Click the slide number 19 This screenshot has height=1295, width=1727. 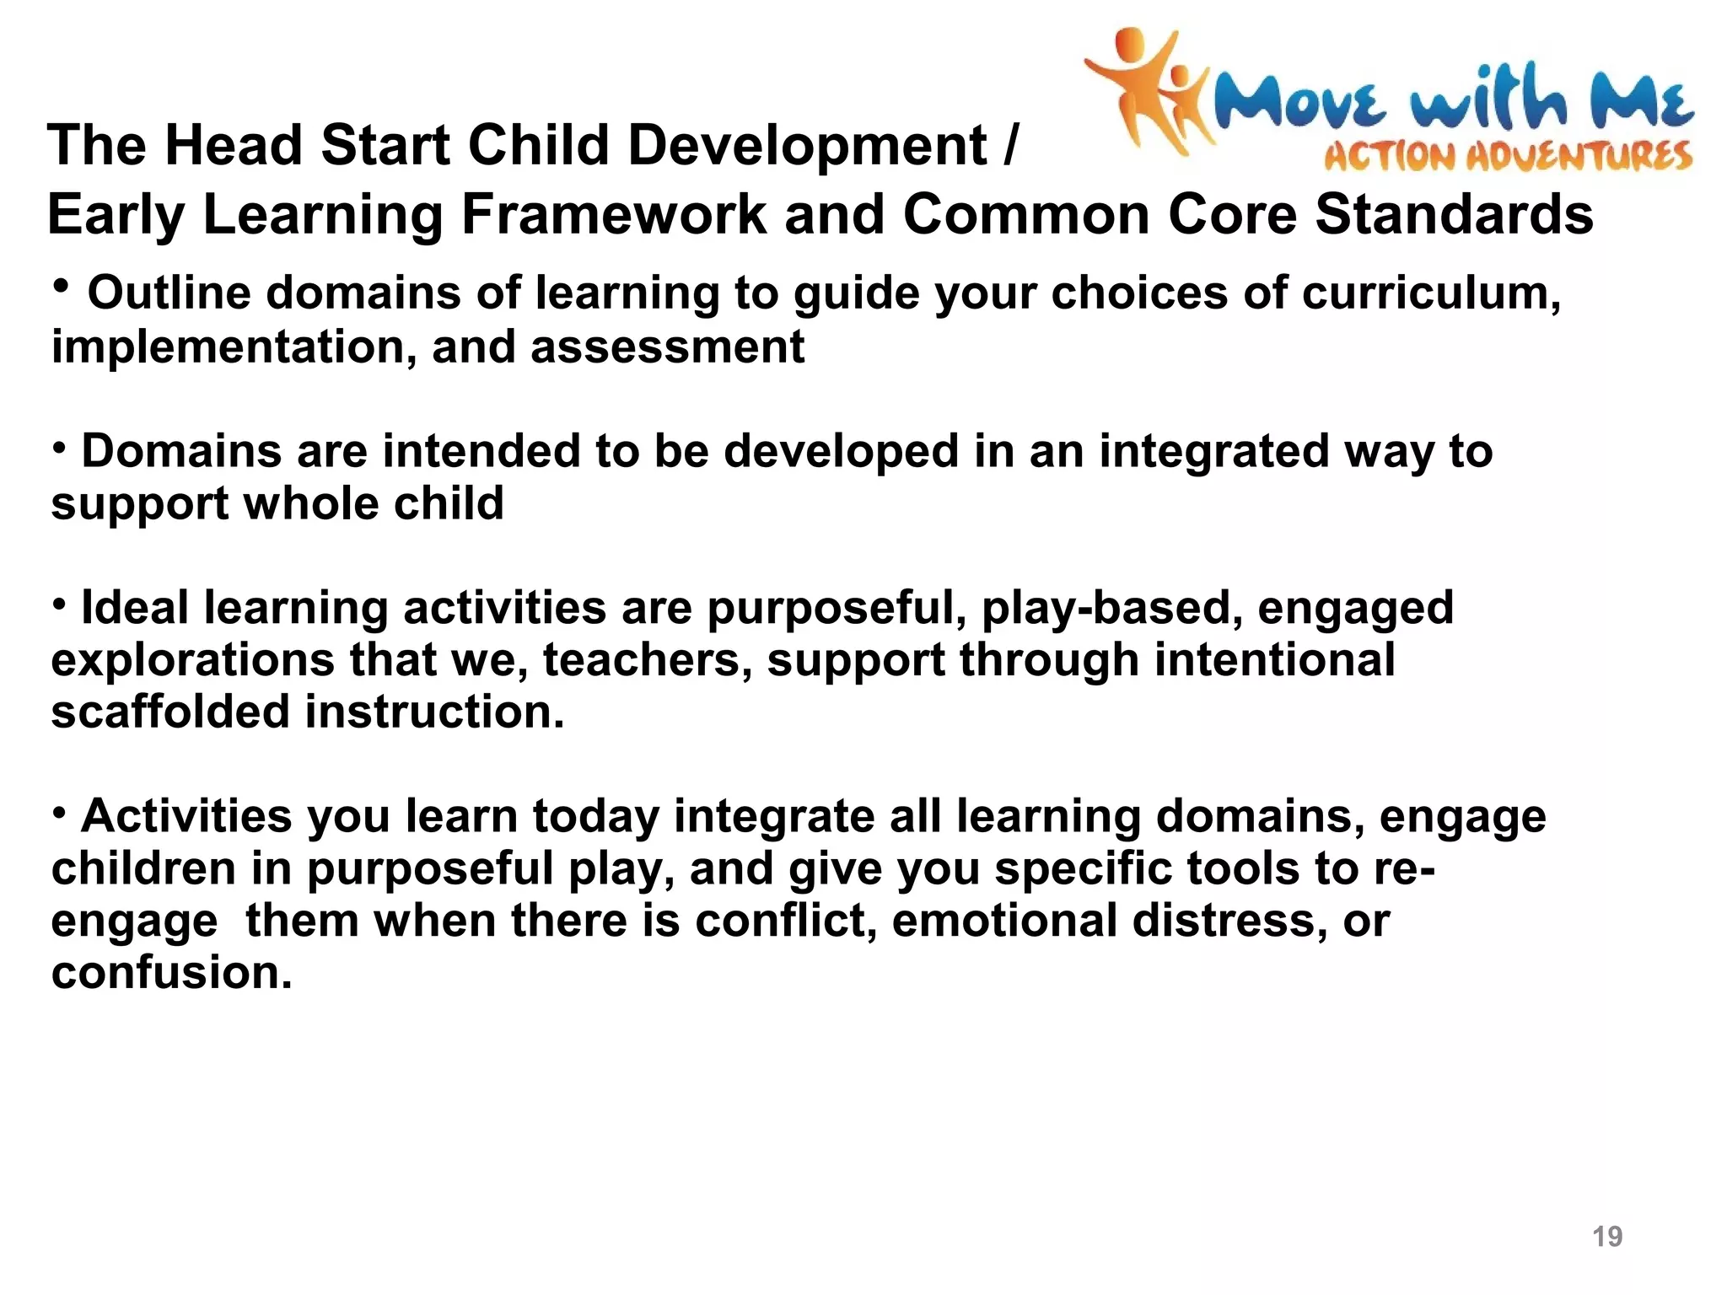(x=1606, y=1236)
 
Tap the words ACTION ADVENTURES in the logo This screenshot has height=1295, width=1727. (x=1508, y=157)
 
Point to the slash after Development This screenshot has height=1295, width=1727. (x=1011, y=145)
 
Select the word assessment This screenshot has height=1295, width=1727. (x=667, y=347)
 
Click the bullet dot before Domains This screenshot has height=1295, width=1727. (x=59, y=447)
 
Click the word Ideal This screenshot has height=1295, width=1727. (x=135, y=608)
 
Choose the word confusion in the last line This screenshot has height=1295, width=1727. (x=171, y=972)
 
